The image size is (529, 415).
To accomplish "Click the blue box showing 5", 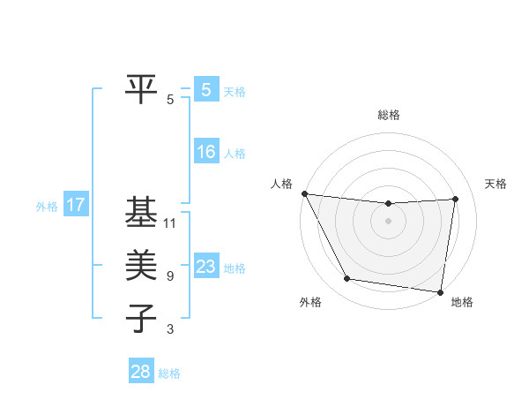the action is [x=205, y=90].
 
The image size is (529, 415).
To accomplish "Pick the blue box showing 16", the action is [x=205, y=152].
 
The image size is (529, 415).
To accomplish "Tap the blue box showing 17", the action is [x=75, y=206].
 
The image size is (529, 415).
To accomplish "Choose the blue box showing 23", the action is [x=205, y=267].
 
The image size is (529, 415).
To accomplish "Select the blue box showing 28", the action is [x=141, y=372].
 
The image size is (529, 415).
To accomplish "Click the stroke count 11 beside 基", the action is [x=170, y=223].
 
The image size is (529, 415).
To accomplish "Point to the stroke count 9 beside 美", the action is [x=170, y=276].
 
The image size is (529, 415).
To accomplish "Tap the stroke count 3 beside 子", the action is [x=170, y=329].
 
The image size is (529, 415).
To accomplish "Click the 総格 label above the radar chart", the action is [x=389, y=115].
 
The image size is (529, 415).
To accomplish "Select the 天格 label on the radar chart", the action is [x=495, y=184].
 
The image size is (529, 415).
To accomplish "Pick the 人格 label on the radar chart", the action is [x=281, y=184].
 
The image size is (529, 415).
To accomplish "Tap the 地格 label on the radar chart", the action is [x=462, y=302].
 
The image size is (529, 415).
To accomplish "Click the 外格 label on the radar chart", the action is [x=310, y=302].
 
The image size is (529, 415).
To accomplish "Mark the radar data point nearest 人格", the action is [x=304, y=193].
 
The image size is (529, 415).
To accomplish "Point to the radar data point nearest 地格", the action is [x=441, y=291].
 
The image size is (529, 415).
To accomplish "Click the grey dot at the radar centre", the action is [x=388, y=221].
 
